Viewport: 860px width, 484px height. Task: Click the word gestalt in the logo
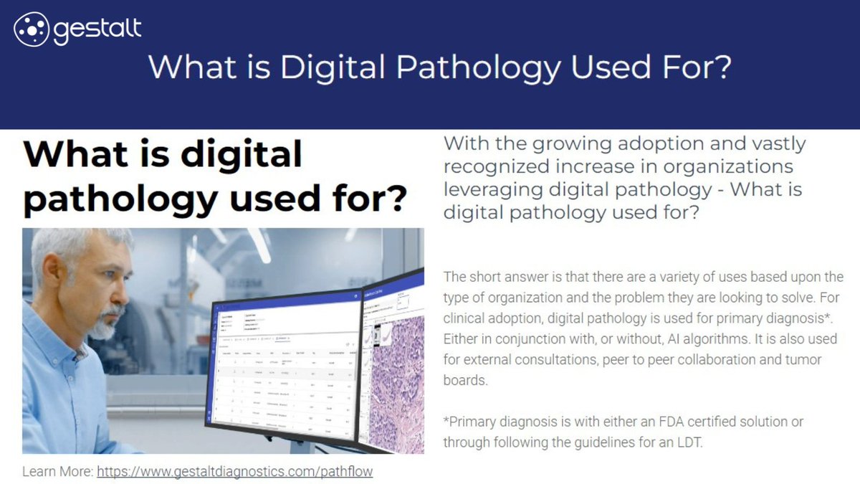[97, 29]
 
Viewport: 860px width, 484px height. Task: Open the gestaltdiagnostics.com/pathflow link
[235, 472]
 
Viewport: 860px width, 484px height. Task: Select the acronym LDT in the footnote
[689, 442]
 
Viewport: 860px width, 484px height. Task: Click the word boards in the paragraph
[465, 380]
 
